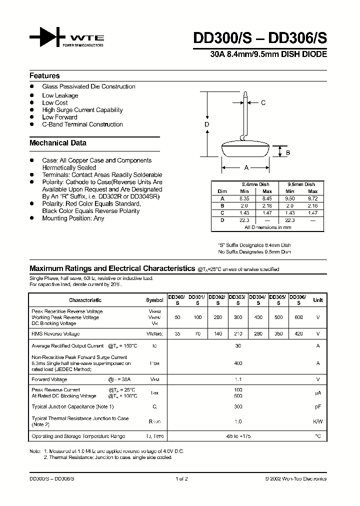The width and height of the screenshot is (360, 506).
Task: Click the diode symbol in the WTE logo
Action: (47, 37)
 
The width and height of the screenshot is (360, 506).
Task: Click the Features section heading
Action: (44, 76)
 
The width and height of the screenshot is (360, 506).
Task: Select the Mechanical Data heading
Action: (58, 143)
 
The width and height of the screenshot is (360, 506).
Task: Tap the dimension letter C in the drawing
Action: (263, 103)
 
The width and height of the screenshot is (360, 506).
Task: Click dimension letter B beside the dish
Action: (288, 153)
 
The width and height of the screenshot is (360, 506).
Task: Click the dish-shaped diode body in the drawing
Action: (245, 150)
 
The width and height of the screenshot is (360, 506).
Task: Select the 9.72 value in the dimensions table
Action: (312, 198)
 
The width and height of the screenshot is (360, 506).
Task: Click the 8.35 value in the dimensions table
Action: (245, 198)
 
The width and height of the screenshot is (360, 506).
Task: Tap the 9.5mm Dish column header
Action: (301, 184)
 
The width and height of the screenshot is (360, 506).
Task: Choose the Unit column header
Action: (317, 300)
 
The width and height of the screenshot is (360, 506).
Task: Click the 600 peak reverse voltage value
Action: (298, 317)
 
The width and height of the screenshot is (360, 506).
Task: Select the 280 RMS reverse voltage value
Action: (257, 333)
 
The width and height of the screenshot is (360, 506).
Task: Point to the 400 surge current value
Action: (238, 364)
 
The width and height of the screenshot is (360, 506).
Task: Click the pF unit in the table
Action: (317, 407)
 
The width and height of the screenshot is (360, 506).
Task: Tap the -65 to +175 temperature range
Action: (238, 436)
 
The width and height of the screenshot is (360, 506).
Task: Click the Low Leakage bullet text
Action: (60, 95)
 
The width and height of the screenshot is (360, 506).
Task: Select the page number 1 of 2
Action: (181, 479)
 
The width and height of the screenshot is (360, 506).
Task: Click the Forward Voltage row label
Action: (49, 379)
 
